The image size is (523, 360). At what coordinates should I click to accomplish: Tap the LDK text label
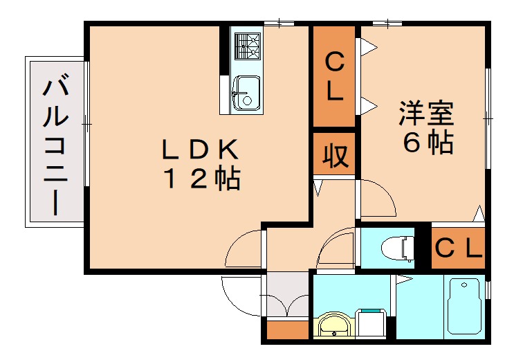click(200, 149)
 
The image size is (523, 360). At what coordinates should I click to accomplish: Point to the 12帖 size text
click(201, 179)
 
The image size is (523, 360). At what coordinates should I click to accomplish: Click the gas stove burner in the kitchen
click(246, 46)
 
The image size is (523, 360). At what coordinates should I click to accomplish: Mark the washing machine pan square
click(372, 323)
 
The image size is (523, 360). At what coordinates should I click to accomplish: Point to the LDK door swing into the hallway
click(246, 248)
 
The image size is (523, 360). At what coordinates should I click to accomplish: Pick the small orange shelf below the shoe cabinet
click(286, 330)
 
